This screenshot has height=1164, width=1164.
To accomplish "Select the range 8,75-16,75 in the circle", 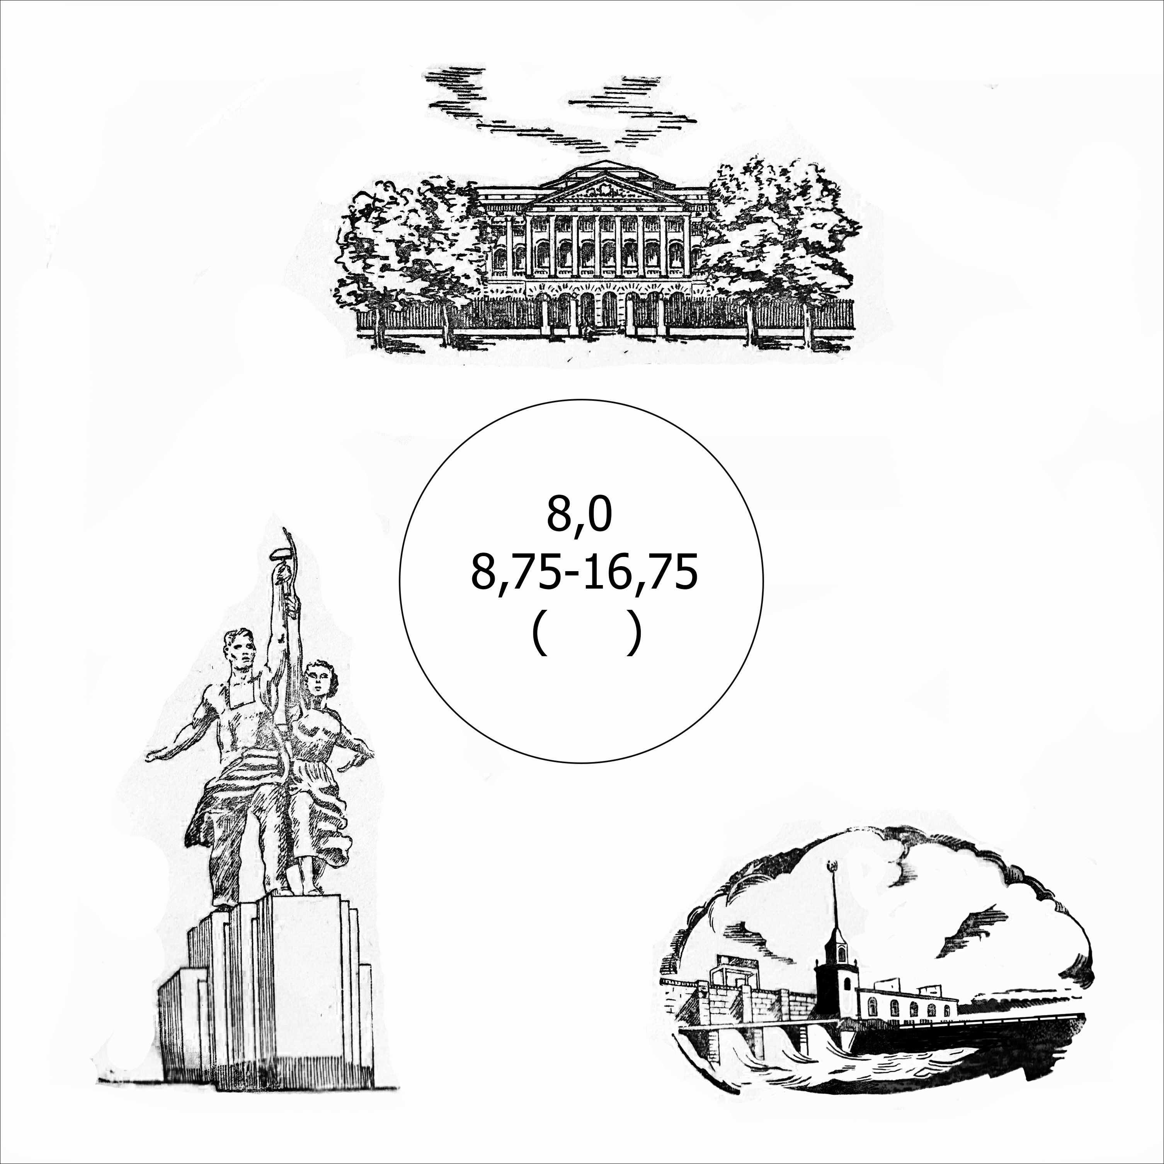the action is pyautogui.click(x=584, y=573).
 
